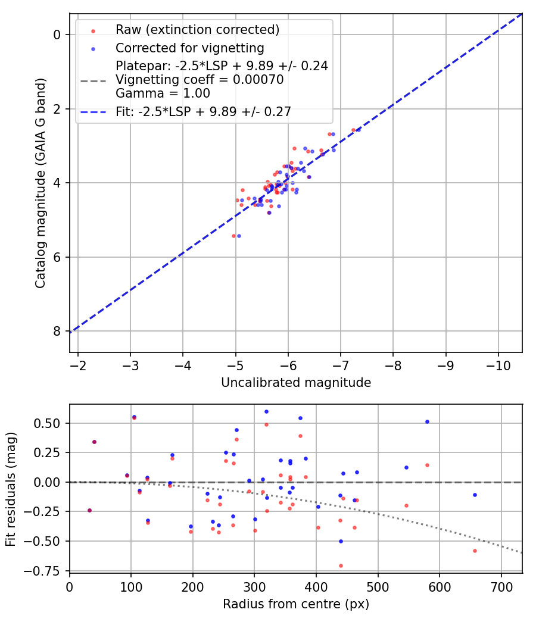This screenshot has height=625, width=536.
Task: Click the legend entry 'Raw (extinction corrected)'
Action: coord(197,29)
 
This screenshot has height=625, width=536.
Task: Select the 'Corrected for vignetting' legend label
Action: coord(190,48)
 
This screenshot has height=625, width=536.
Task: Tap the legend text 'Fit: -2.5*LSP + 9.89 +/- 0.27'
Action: coord(203,111)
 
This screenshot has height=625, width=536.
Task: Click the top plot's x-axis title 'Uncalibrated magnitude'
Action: coord(296,383)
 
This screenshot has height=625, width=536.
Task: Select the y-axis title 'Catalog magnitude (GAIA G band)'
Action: coord(40,182)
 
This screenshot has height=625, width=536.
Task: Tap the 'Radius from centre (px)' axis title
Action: coord(296,604)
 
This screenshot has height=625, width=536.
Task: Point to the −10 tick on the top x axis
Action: coord(498,364)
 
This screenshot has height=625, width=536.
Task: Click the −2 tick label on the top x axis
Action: coord(78,364)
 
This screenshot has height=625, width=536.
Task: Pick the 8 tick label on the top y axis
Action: coord(57,331)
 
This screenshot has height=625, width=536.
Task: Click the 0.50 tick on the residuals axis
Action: coord(50,423)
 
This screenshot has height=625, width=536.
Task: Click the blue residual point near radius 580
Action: coord(427,421)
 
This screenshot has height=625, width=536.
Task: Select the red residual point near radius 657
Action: coord(475,551)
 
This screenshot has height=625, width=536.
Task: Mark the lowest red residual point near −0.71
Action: coord(341,565)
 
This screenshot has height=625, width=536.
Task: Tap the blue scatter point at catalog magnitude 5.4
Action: coord(239,236)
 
